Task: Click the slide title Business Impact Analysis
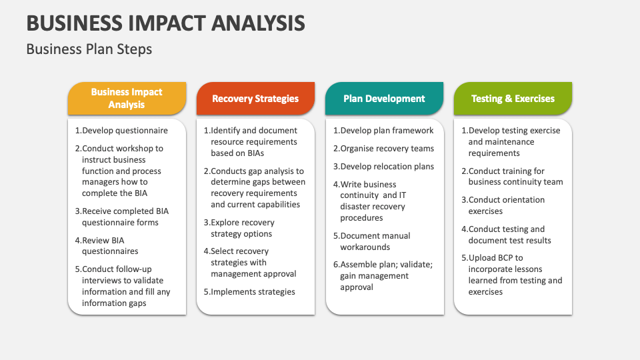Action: click(165, 23)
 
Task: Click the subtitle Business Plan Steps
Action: click(89, 49)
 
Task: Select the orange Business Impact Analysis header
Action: click(127, 99)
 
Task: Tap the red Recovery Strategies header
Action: click(255, 99)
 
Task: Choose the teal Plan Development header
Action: click(384, 99)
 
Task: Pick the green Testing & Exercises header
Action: click(513, 99)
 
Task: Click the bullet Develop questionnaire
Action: click(121, 131)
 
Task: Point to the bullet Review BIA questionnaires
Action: click(110, 245)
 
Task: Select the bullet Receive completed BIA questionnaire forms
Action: click(121, 217)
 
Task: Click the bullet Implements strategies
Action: click(249, 291)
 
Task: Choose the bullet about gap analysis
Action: click(255, 188)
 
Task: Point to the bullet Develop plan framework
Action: click(383, 131)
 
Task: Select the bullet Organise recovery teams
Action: click(383, 149)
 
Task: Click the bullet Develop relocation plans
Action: click(383, 167)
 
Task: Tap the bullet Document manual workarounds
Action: click(375, 241)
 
